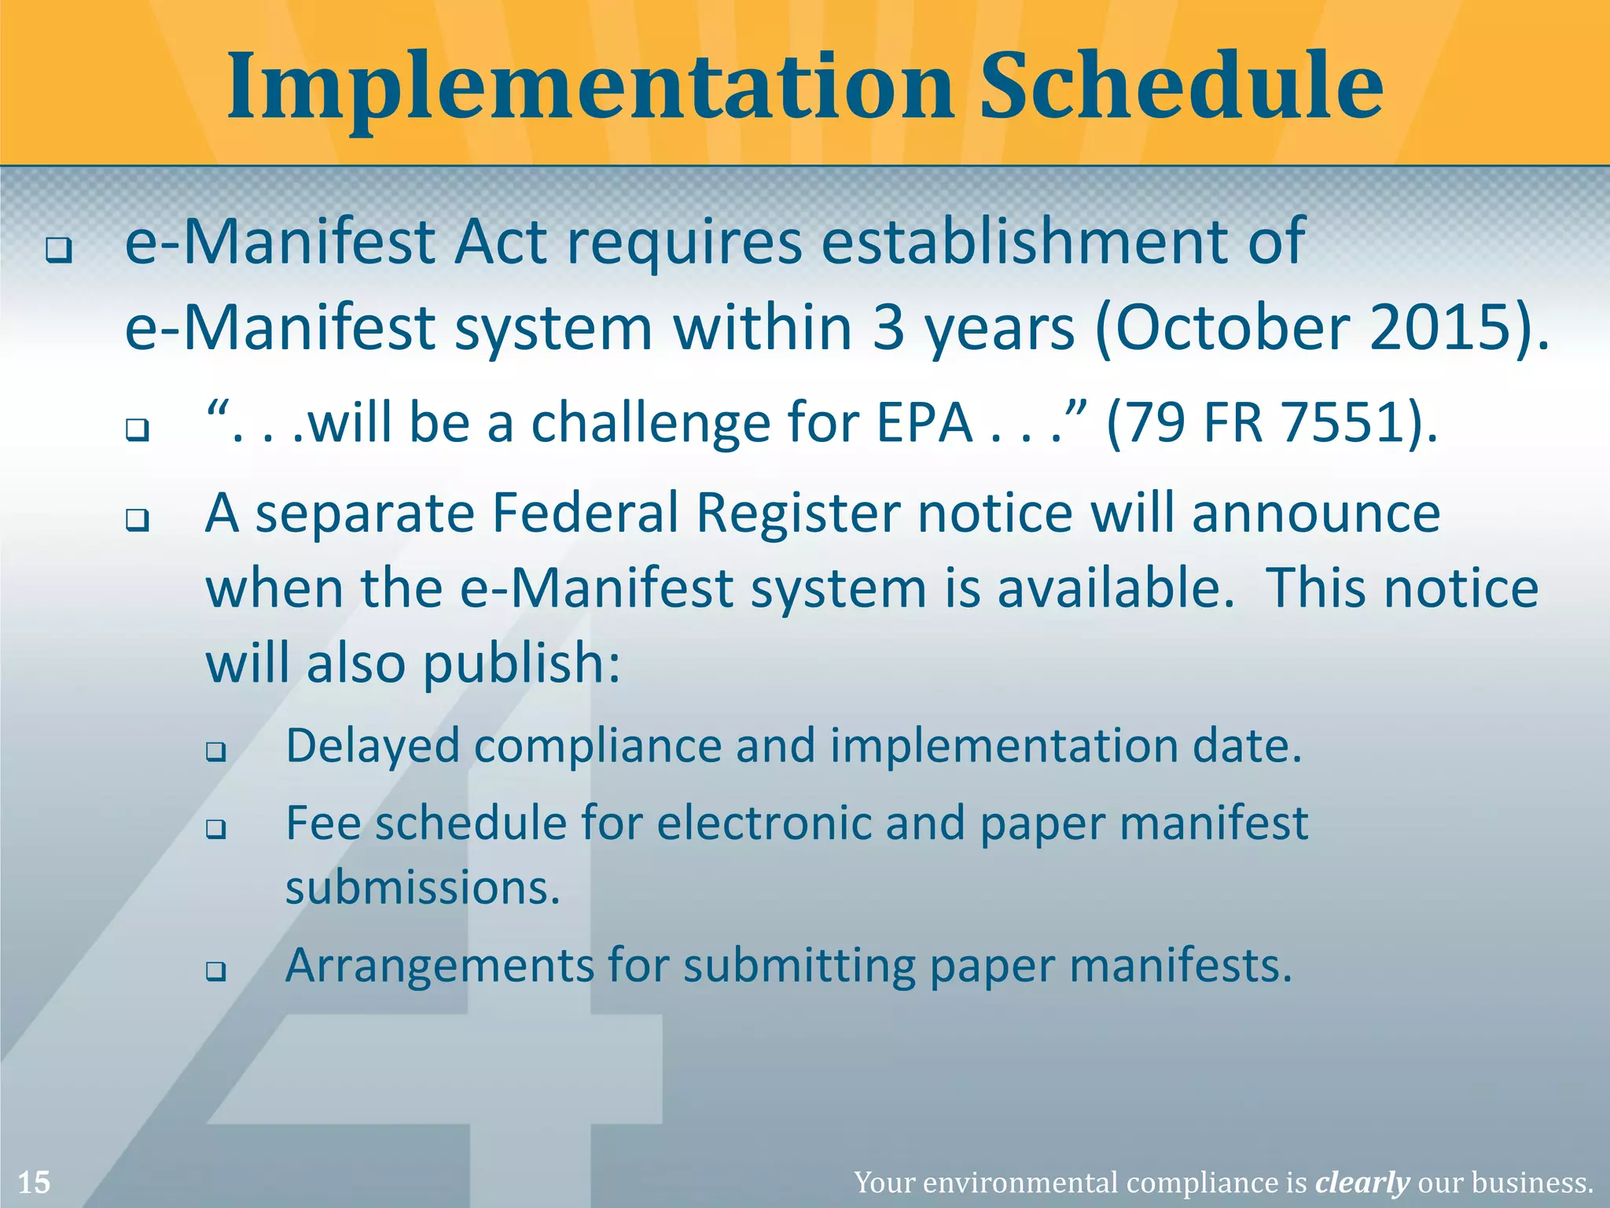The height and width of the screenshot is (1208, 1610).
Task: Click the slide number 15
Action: pyautogui.click(x=34, y=1182)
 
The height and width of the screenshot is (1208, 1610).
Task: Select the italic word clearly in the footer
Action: pyautogui.click(x=1362, y=1182)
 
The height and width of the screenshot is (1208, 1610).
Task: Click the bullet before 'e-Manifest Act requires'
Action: pyautogui.click(x=58, y=251)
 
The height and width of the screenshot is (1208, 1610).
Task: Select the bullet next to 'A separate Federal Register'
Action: pyautogui.click(x=138, y=521)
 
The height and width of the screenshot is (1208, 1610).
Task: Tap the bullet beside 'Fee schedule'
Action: pyautogui.click(x=216, y=829)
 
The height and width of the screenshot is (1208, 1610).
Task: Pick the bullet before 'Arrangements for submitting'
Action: pyautogui.click(x=216, y=971)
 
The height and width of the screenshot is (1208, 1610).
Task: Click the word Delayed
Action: pyautogui.click(x=373, y=746)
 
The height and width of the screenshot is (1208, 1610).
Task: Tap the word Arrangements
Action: pyautogui.click(x=439, y=966)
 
